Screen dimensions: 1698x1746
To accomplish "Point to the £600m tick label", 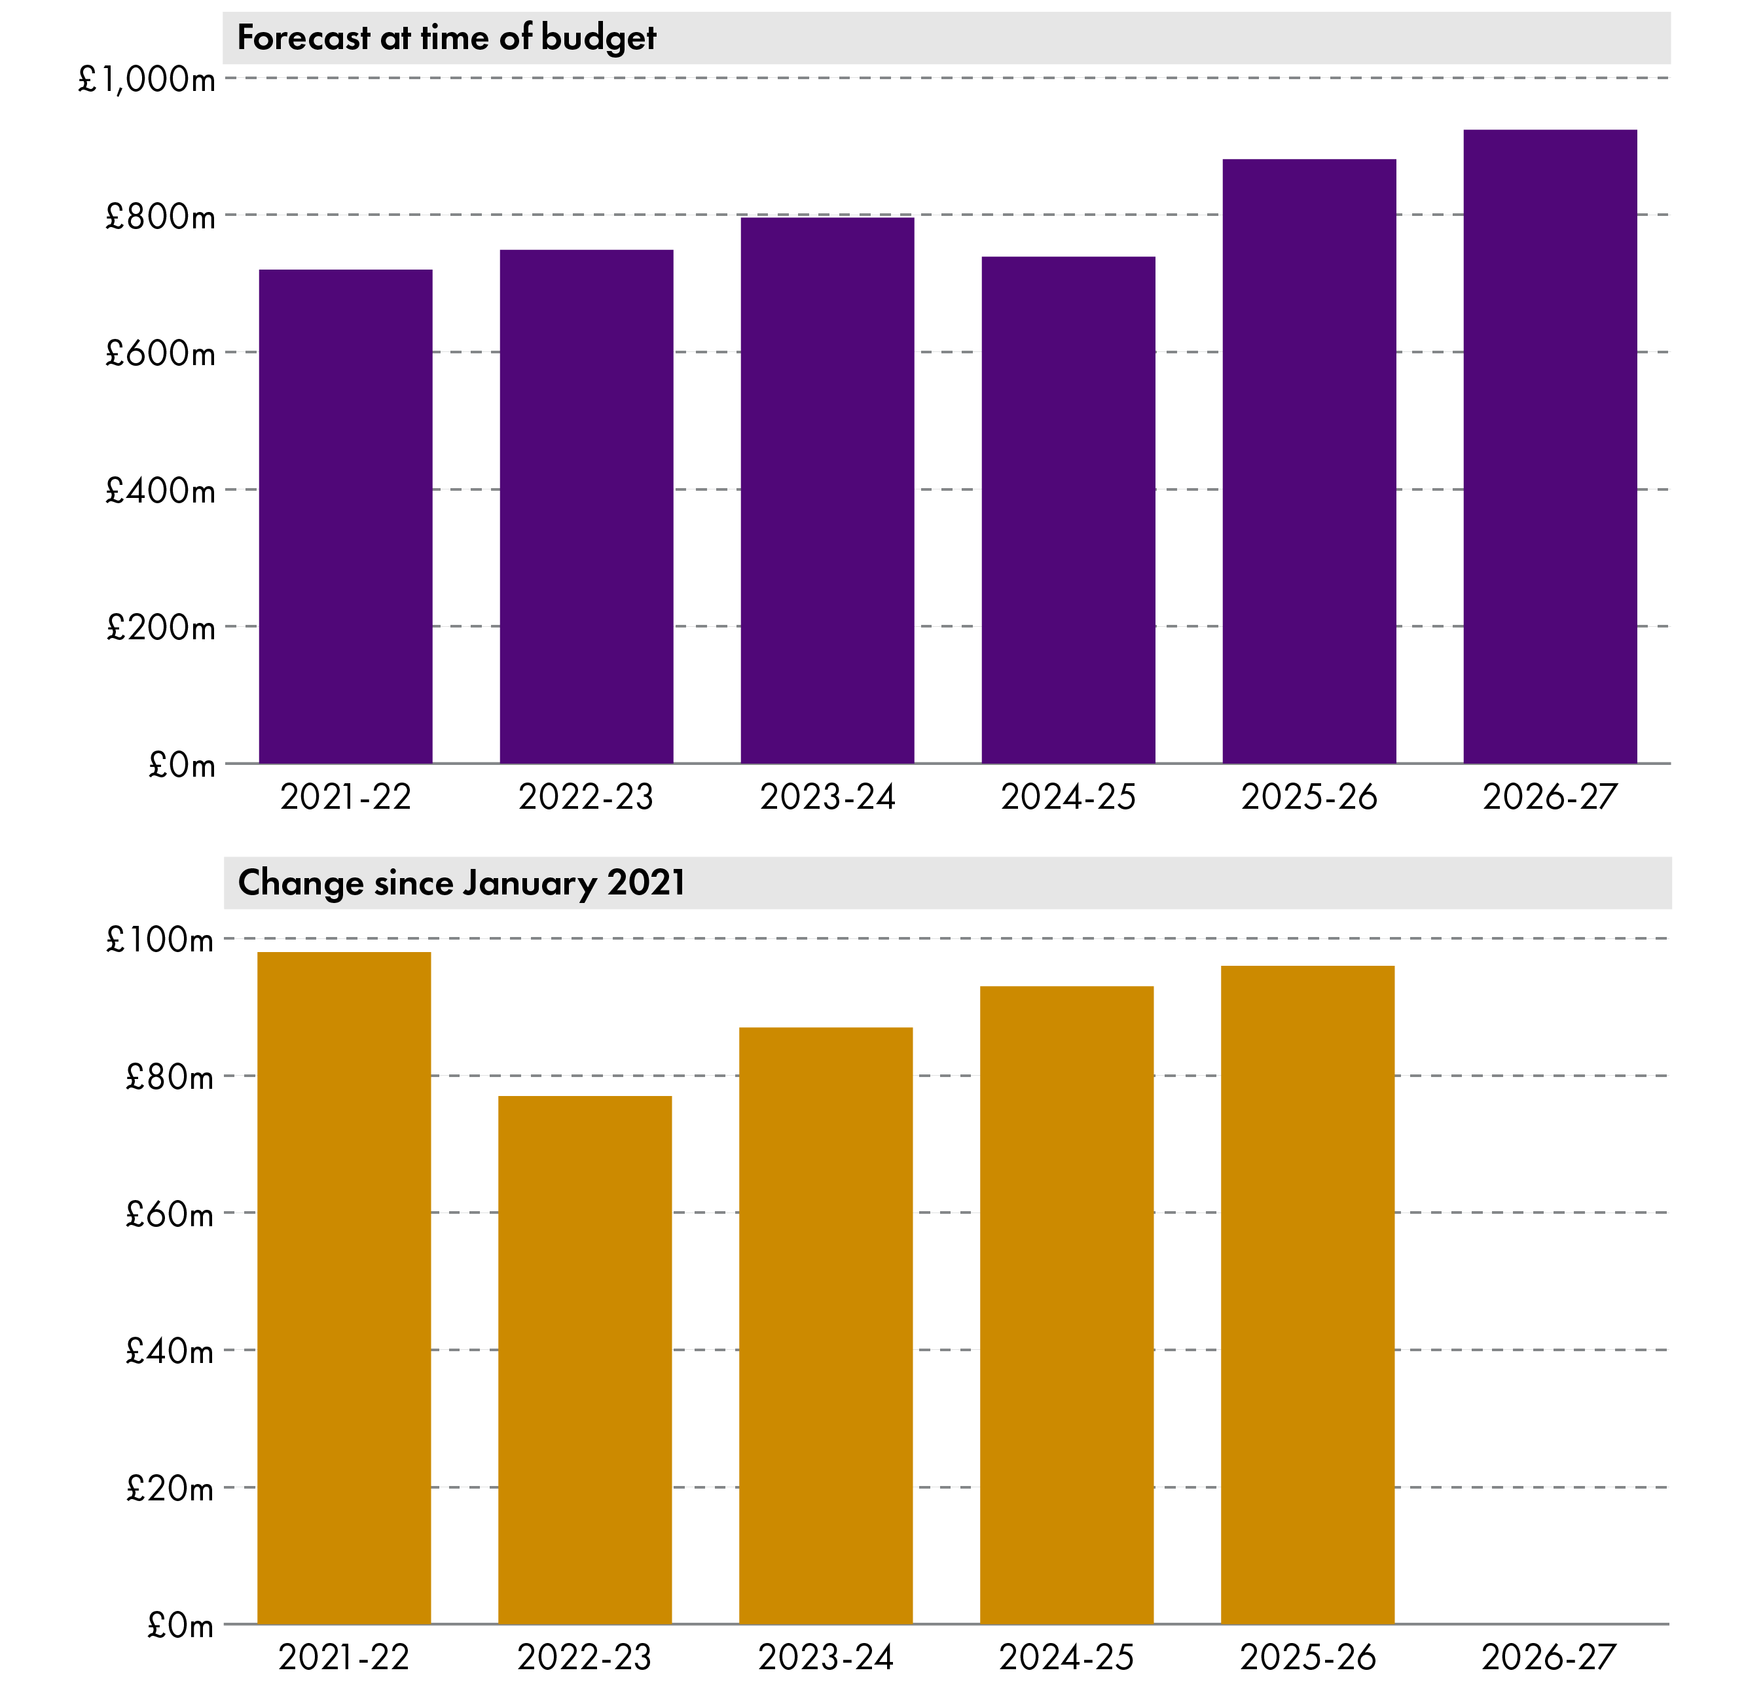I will pos(160,354).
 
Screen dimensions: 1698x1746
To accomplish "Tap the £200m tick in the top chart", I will pos(160,628).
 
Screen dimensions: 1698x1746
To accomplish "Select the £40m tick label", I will pos(170,1351).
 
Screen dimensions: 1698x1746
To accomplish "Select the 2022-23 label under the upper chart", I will pos(585,797).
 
